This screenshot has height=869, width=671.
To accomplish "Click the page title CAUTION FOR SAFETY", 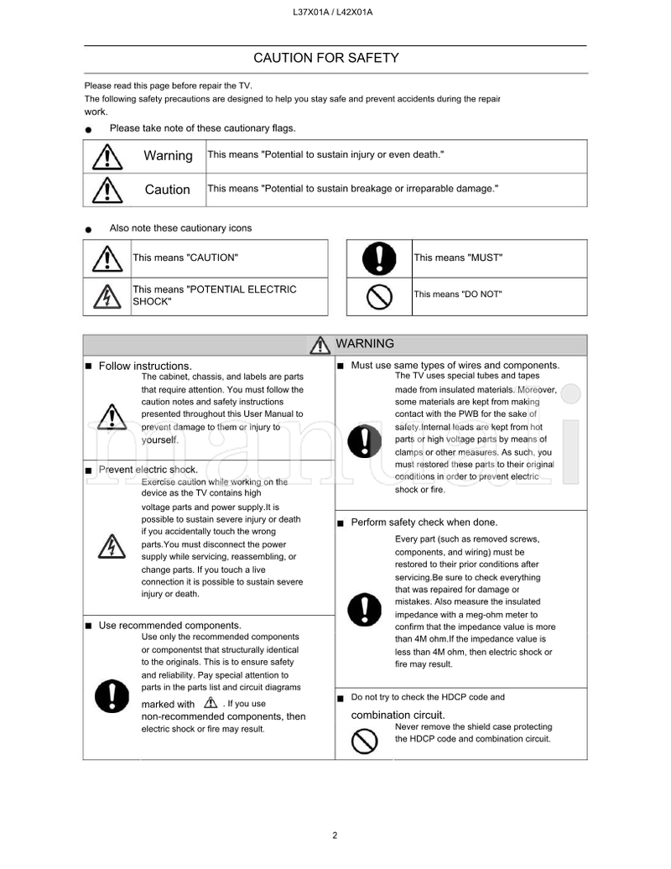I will click(x=326, y=58).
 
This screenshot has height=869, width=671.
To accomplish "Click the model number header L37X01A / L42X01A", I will click(x=334, y=12).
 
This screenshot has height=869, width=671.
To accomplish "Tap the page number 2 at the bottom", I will click(x=335, y=835).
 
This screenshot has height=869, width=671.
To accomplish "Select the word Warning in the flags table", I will click(x=168, y=156).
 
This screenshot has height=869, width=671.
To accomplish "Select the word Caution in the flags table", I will click(x=168, y=190).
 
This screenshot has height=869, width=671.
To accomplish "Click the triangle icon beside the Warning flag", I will click(x=107, y=157).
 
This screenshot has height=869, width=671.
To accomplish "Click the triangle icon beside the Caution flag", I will click(x=107, y=190).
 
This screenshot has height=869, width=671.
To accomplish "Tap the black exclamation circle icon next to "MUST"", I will click(x=379, y=258).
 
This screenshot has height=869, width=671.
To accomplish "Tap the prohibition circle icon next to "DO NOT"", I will click(x=379, y=296).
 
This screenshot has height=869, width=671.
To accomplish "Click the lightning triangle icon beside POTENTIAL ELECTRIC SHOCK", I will click(x=107, y=296).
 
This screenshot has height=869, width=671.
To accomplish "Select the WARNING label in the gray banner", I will click(x=364, y=344).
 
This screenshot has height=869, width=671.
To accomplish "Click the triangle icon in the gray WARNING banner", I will click(x=319, y=345).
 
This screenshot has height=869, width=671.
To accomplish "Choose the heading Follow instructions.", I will click(x=145, y=366).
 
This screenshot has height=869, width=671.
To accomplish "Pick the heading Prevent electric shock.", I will click(x=148, y=470).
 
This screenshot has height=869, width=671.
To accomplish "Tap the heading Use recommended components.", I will click(x=169, y=625).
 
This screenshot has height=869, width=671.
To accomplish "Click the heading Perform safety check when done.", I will click(x=424, y=522).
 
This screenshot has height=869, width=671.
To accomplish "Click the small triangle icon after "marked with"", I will click(x=210, y=703).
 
